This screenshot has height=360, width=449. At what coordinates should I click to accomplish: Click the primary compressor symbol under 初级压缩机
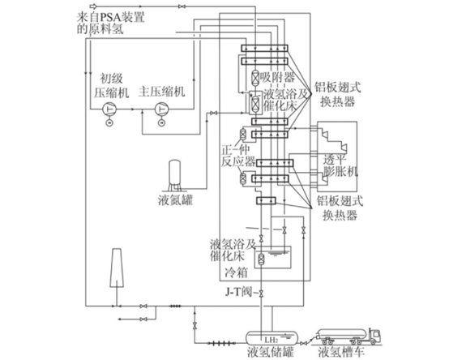pyautogui.click(x=109, y=109)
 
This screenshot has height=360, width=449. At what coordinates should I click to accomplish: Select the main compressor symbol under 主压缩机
pyautogui.click(x=162, y=109)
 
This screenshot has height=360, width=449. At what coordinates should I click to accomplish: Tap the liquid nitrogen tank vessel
pyautogui.click(x=175, y=175)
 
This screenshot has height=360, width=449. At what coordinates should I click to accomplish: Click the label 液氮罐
pyautogui.click(x=175, y=200)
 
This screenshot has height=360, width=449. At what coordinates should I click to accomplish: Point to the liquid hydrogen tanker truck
pyautogui.click(x=349, y=336)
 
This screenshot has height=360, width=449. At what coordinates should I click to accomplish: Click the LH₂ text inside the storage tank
pyautogui.click(x=272, y=341)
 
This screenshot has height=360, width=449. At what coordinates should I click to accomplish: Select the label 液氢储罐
pyautogui.click(x=271, y=353)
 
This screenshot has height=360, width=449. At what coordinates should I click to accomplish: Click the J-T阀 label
pyautogui.click(x=238, y=293)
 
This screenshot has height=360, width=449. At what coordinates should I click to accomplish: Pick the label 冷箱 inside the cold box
pyautogui.click(x=236, y=273)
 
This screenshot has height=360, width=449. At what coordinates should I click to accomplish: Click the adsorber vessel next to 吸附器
pyautogui.click(x=255, y=77)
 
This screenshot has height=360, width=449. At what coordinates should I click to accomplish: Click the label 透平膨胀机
pyautogui.click(x=340, y=165)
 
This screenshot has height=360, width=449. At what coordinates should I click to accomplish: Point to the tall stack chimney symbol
pyautogui.click(x=118, y=268)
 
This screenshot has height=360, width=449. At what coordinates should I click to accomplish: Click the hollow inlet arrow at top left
pyautogui.click(x=94, y=6)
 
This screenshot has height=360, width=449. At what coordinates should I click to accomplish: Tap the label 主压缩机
pyautogui.click(x=162, y=92)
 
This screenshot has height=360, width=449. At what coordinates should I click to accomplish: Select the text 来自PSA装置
pyautogui.click(x=110, y=17)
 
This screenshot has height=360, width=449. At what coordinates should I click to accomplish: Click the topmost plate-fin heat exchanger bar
pyautogui.click(x=264, y=48)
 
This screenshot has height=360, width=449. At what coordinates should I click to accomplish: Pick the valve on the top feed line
pyautogui.click(x=182, y=6)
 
